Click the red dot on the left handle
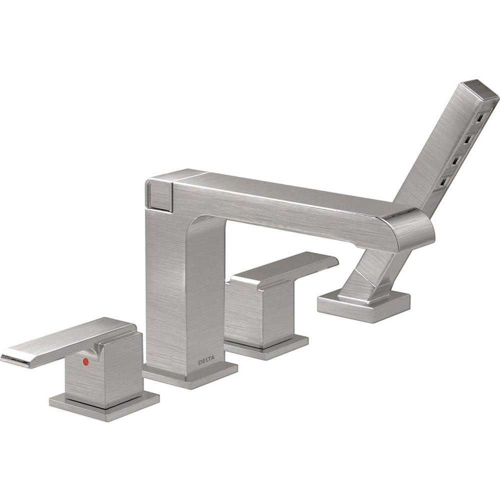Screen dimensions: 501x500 pos(85,360)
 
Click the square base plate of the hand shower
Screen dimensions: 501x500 pos(363,305)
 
